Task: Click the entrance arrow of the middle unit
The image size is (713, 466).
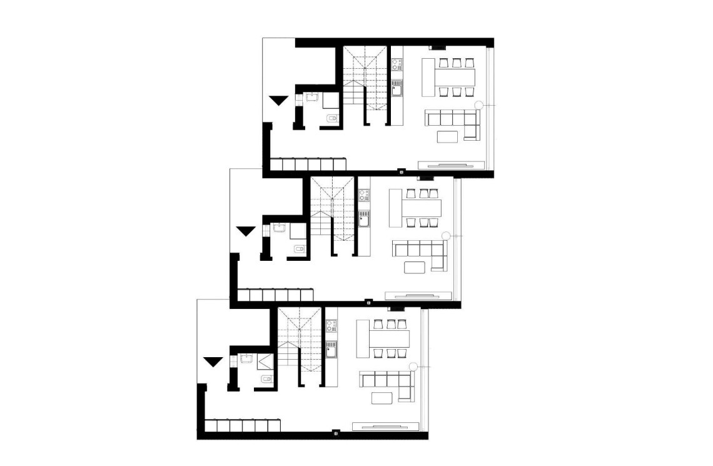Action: click(245, 231)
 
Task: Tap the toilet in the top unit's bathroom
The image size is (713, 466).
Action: click(332, 118)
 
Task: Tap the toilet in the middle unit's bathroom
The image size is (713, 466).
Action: click(299, 249)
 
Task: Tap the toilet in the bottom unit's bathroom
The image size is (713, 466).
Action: click(266, 380)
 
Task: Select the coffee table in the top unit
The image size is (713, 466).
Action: click(448, 137)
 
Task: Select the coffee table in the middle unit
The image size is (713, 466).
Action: click(415, 268)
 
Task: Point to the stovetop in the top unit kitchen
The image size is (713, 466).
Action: click(397, 63)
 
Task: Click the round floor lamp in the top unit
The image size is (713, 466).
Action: click(479, 105)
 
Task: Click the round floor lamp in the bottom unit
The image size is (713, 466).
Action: click(413, 367)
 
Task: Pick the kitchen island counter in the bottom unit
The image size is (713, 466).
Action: click(362, 338)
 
